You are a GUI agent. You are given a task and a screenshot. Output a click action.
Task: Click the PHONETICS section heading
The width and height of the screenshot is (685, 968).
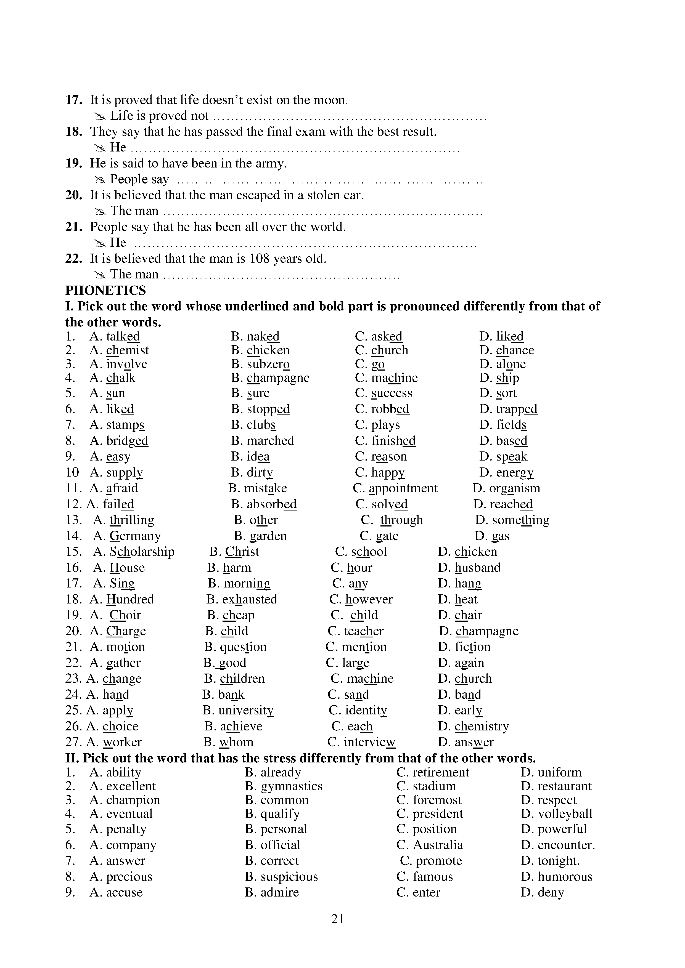[x=105, y=291]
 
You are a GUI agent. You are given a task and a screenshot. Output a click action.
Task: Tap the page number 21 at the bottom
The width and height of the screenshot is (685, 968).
[x=337, y=918]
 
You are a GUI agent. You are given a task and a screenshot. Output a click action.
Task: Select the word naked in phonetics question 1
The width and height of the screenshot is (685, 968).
[x=263, y=336]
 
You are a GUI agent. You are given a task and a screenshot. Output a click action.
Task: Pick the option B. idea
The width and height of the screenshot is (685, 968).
[x=250, y=457]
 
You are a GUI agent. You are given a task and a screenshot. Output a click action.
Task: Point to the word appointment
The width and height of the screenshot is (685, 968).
[x=403, y=488]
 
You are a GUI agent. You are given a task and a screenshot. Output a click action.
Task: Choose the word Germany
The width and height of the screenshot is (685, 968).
[x=135, y=536]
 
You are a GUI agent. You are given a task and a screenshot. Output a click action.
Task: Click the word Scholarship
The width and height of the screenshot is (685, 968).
[x=142, y=552]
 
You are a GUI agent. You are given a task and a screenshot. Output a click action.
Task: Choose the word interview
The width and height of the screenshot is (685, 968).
[x=369, y=742]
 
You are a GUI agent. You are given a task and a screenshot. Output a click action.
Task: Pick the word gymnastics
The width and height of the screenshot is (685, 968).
[x=292, y=786]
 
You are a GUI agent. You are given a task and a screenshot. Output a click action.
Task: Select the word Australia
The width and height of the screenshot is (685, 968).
[x=438, y=845]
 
